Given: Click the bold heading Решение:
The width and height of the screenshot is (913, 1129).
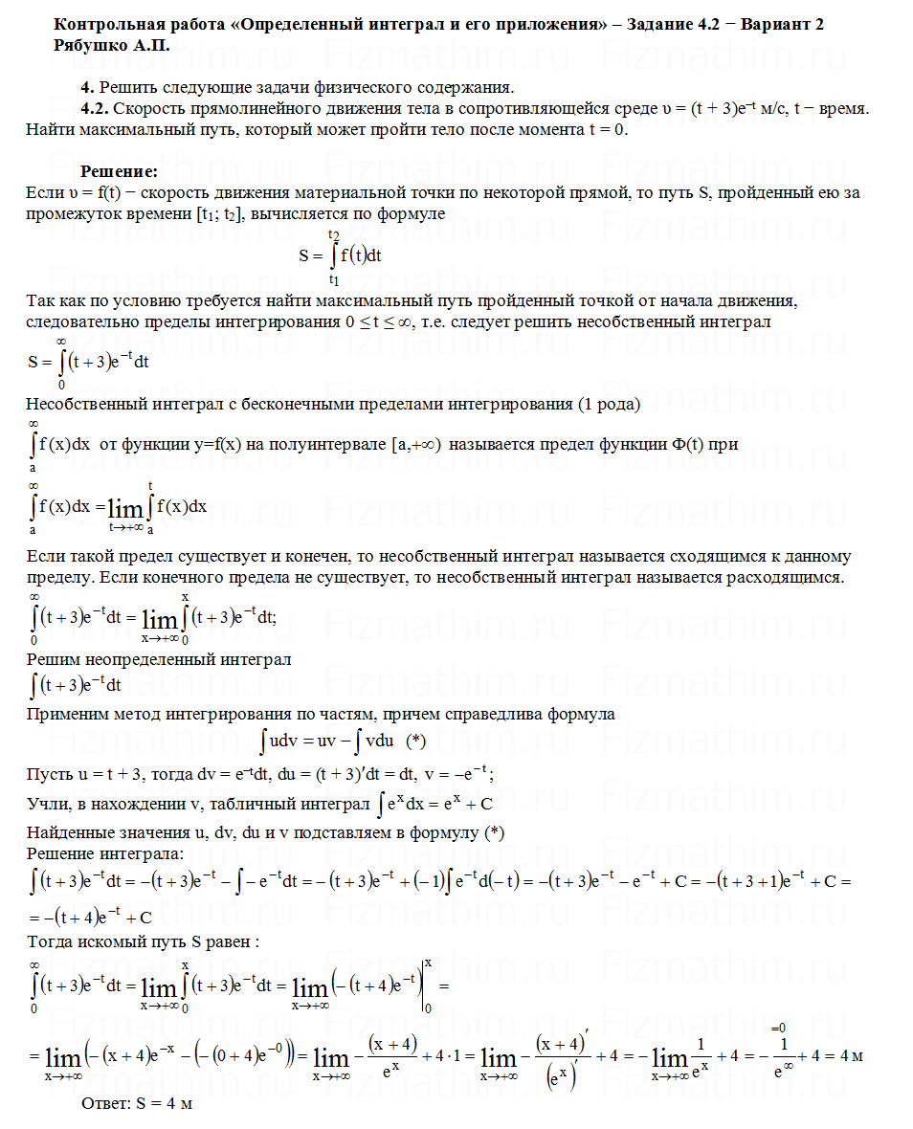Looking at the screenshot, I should tap(119, 171).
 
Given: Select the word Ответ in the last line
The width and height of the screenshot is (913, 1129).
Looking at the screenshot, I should tap(105, 1103).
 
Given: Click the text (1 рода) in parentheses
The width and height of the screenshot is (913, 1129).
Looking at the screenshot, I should tap(609, 404).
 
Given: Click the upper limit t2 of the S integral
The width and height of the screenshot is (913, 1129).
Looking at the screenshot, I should tap(333, 233).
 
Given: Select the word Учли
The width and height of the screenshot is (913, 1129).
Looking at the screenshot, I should tap(46, 802).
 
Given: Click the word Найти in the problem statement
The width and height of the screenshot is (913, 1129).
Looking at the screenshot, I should tap(49, 130).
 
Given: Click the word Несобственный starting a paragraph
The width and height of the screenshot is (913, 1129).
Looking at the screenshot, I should tap(82, 404).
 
